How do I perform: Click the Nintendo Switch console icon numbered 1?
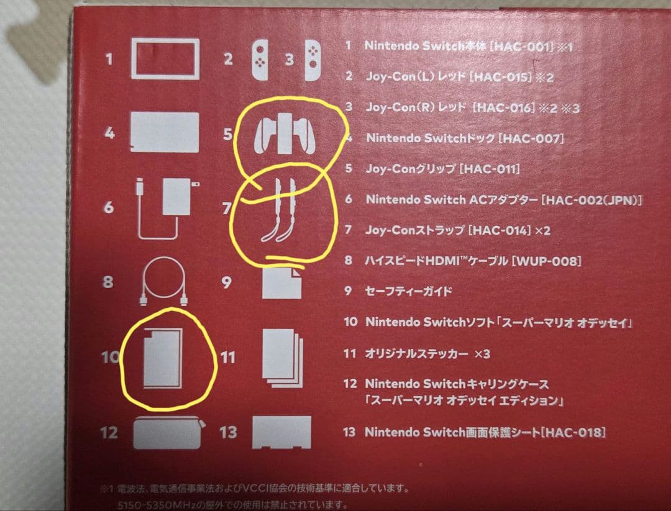tap(165, 60)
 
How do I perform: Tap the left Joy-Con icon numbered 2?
tap(261, 60)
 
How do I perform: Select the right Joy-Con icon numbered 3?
tap(313, 60)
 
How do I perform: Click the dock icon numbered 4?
tap(165, 132)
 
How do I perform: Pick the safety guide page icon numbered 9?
tap(281, 283)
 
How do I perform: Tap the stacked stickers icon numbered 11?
tap(281, 358)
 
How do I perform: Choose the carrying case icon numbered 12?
tap(167, 432)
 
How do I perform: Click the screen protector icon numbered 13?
tap(281, 431)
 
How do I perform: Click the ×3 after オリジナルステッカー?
tap(482, 354)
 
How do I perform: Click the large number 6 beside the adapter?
tap(109, 207)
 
